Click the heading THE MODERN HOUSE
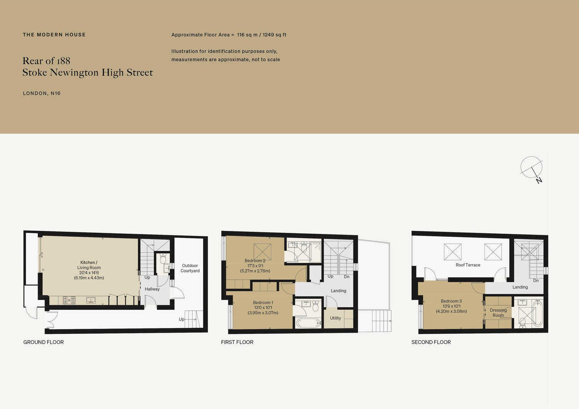click(x=54, y=35)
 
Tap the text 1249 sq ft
click(x=274, y=35)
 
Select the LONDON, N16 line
click(x=42, y=93)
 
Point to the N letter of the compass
click(x=539, y=180)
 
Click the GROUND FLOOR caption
click(x=43, y=342)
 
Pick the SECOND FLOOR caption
click(x=431, y=342)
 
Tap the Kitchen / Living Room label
click(x=89, y=270)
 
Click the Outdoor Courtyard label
click(x=190, y=268)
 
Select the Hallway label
click(x=152, y=289)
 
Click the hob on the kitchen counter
click(x=69, y=300)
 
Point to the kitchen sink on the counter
click(x=91, y=300)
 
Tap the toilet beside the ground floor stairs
click(x=163, y=259)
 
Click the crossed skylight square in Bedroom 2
click(x=262, y=252)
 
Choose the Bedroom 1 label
click(x=263, y=307)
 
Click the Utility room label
click(x=335, y=318)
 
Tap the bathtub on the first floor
click(x=308, y=323)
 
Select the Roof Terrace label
click(x=468, y=265)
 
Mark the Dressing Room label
click(x=498, y=312)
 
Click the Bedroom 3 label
click(x=451, y=306)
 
